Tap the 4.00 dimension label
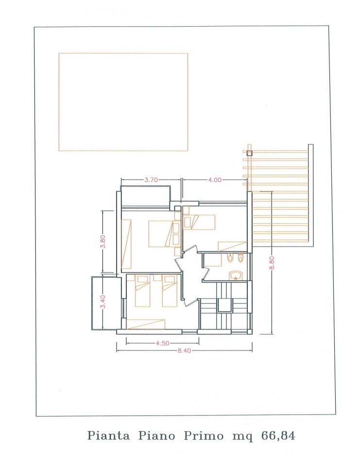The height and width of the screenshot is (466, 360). point(215,180)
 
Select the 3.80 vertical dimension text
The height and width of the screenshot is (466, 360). point(103,242)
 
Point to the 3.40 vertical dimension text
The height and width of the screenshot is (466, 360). point(103,301)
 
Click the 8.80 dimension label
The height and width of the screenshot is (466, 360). point(272,263)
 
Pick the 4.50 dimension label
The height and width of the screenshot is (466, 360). point(162,343)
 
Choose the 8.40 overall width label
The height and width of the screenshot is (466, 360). point(184,350)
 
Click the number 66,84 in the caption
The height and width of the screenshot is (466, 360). point(278,436)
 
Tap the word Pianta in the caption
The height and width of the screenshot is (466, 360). point(109,436)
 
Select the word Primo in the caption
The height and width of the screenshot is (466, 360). point(204,436)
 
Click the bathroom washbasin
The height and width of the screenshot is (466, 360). point(236,276)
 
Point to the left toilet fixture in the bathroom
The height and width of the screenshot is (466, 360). point(230,257)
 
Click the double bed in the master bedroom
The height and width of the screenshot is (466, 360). point(161,233)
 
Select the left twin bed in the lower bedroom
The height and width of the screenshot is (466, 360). point(142,291)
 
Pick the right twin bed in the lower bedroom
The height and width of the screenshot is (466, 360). point(170,291)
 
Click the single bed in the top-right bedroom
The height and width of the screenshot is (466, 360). point(199,222)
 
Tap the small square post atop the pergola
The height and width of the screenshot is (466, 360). point(249,153)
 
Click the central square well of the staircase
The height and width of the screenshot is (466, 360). point(224,305)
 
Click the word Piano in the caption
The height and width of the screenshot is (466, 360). point(156,436)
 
